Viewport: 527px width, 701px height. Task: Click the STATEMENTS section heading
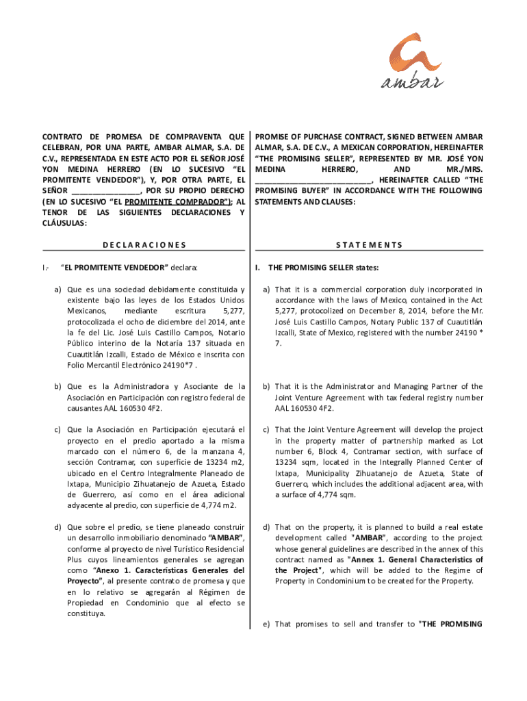[x=369, y=244]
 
